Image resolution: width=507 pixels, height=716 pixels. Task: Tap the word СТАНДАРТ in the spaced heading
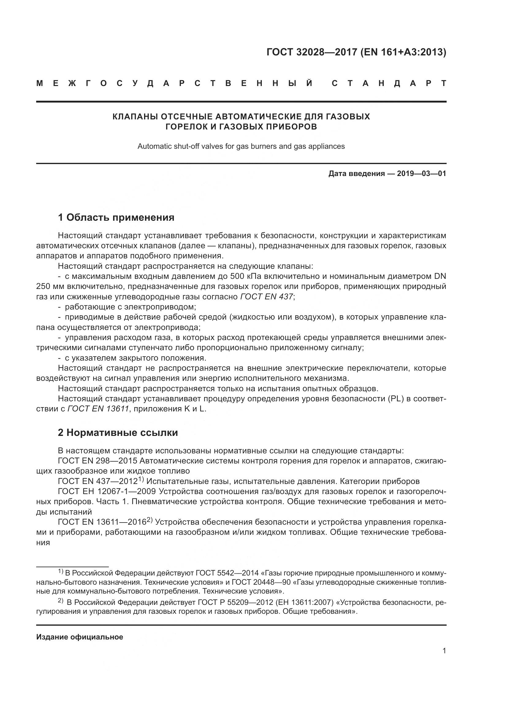(x=389, y=84)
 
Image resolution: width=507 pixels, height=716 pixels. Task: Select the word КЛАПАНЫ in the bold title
(x=135, y=117)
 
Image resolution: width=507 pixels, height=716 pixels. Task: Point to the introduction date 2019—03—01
(x=421, y=174)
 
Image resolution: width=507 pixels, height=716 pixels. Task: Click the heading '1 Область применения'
(x=116, y=217)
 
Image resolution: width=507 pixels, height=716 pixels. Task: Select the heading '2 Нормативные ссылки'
(x=118, y=433)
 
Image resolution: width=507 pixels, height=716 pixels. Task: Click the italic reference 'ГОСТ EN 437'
(x=267, y=297)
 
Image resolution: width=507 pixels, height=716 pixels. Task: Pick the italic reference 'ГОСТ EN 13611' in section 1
(x=98, y=409)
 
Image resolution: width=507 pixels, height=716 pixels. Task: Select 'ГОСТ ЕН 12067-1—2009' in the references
(x=107, y=492)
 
